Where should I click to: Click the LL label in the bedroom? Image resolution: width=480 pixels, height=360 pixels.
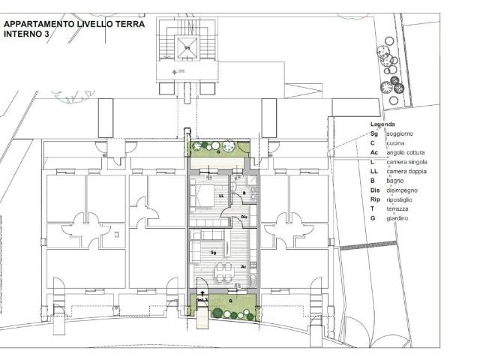point(220,196)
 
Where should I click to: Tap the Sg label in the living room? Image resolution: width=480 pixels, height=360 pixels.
point(214,253)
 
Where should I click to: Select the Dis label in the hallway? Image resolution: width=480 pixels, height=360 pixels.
point(244,217)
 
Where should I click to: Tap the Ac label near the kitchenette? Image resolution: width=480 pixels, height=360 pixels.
point(244,266)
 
